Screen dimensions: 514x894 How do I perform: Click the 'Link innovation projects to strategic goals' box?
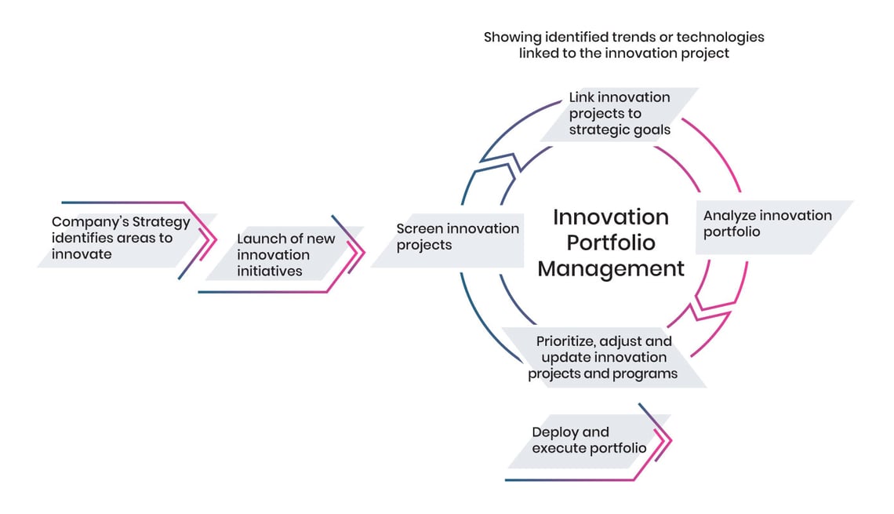[620, 114]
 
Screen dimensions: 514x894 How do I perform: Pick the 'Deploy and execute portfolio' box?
[588, 440]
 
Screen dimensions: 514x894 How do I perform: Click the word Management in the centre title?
[611, 268]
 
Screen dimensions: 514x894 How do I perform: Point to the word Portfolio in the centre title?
[611, 242]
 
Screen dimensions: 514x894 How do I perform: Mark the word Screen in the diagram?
[418, 228]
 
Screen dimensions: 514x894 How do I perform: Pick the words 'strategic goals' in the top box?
[620, 130]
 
